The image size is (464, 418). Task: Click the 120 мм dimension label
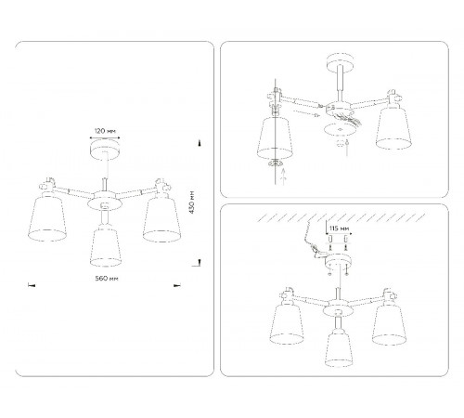pyautogui.click(x=105, y=131)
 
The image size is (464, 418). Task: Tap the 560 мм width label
pyautogui.click(x=107, y=279)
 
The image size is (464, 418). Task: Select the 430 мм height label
pyautogui.click(x=192, y=202)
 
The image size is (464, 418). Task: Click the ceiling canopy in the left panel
pyautogui.click(x=105, y=148)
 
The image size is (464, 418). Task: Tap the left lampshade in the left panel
pyautogui.click(x=47, y=218)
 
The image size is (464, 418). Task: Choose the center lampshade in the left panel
pyautogui.click(x=106, y=247)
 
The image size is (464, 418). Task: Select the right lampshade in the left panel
pyautogui.click(x=161, y=220)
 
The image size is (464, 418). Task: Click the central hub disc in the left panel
pyautogui.click(x=104, y=202)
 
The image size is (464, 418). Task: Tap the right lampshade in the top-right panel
pyautogui.click(x=393, y=128)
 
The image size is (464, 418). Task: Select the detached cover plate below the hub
pyautogui.click(x=340, y=129)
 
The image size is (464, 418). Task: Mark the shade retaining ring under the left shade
pyautogui.click(x=275, y=163)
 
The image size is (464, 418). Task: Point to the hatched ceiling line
pyautogui.click(x=342, y=217)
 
